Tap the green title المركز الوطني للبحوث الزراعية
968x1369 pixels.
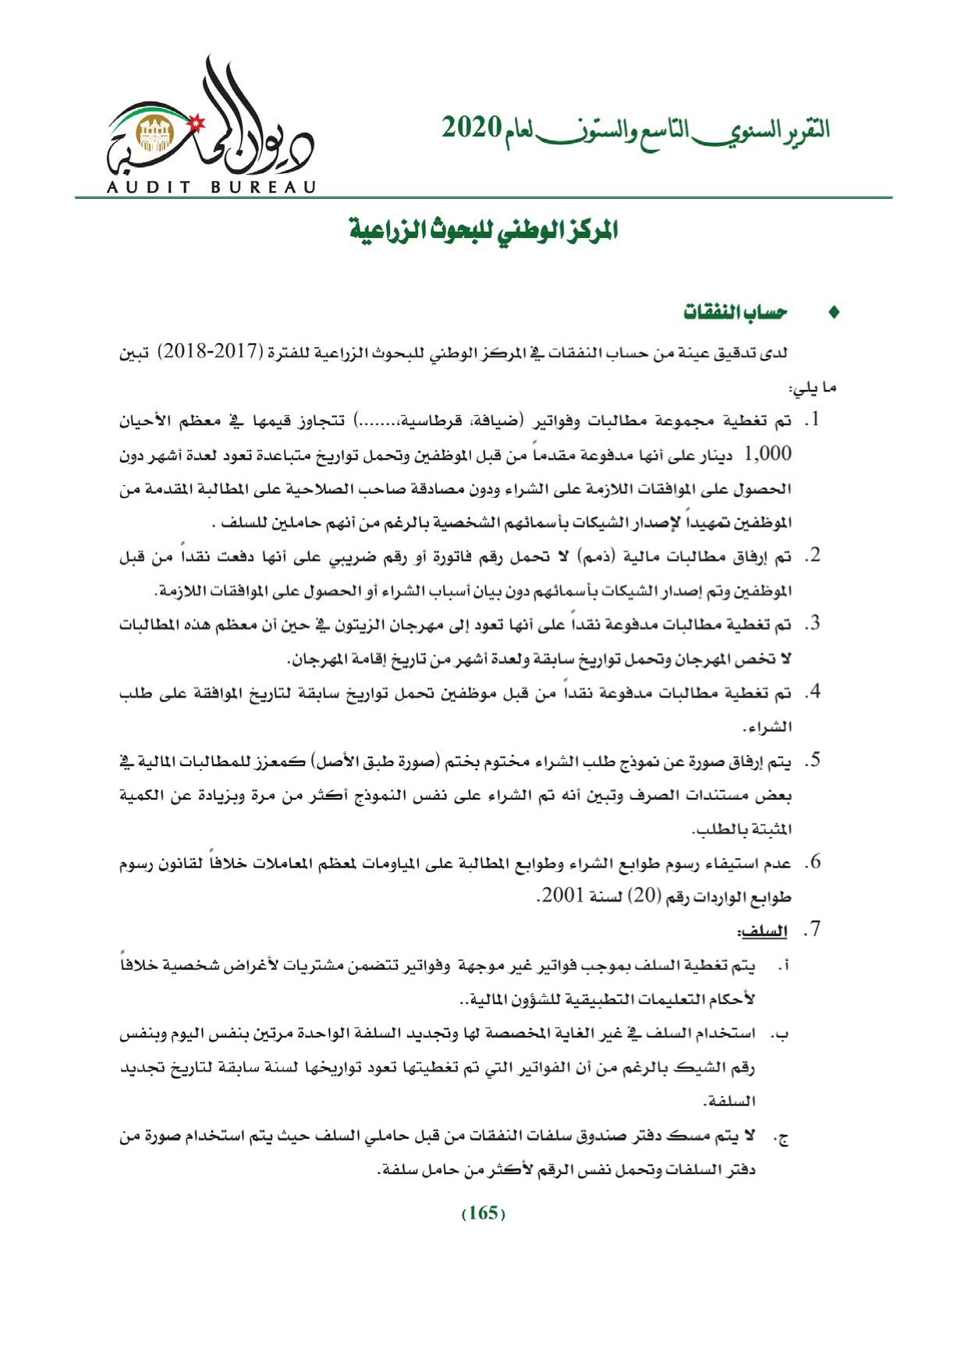[483, 231]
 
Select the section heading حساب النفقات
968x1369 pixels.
[735, 313]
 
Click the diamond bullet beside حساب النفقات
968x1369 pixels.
[834, 314]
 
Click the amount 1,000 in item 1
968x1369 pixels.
[768, 454]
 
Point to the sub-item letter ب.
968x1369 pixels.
[779, 1035]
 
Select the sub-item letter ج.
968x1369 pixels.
[780, 1138]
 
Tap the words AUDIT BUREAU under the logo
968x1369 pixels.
[211, 188]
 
